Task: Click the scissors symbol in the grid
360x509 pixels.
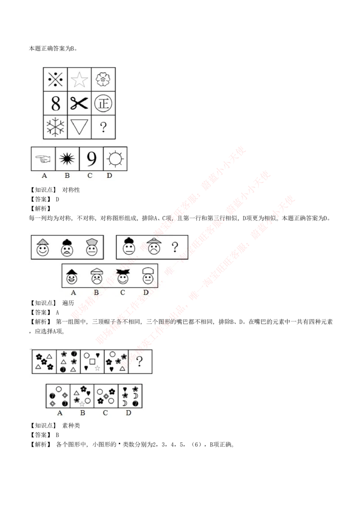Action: pyautogui.click(x=79, y=104)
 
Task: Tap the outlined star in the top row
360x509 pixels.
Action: pyautogui.click(x=79, y=80)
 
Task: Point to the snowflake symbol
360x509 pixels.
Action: pyautogui.click(x=55, y=127)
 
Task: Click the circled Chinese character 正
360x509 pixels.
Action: pyautogui.click(x=103, y=104)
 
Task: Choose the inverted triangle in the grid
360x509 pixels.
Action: pyautogui.click(x=79, y=127)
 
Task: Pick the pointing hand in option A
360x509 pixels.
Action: pyautogui.click(x=43, y=158)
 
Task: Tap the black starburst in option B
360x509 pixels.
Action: pyautogui.click(x=67, y=158)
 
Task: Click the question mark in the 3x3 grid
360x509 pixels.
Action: pyautogui.click(x=103, y=127)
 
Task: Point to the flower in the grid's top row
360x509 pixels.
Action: pyautogui.click(x=103, y=80)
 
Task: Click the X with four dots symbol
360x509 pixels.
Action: pyautogui.click(x=55, y=80)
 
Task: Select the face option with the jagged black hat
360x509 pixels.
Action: pyautogui.click(x=121, y=276)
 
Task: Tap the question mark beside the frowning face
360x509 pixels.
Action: pyautogui.click(x=175, y=247)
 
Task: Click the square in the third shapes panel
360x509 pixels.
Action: pyautogui.click(x=92, y=361)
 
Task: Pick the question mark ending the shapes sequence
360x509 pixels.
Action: pyautogui.click(x=140, y=361)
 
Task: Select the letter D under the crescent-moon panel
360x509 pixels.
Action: pyautogui.click(x=129, y=413)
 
